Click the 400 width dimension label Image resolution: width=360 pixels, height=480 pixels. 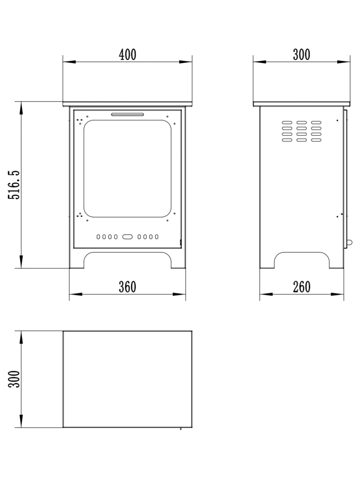coord(127,54)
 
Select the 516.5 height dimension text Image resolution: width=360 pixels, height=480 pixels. coord(14,185)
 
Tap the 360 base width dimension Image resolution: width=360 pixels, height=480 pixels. coord(127,287)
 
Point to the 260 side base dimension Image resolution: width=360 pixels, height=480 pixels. coord(302,287)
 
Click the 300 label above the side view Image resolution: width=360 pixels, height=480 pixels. coord(302,54)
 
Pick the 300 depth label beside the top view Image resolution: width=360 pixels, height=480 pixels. coord(14,379)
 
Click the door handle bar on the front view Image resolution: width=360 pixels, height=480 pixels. coord(127,114)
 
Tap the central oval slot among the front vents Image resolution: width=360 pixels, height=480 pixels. coord(127,237)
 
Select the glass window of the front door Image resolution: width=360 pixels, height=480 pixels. coord(127,168)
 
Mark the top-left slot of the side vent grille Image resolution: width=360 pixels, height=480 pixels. coord(287,123)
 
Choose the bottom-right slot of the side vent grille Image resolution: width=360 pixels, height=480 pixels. coord(316,140)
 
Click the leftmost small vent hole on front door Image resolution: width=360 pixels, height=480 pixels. coord(98,237)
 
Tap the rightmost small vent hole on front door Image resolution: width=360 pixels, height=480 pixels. coord(157,237)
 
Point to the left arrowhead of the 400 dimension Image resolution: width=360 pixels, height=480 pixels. coord(69,62)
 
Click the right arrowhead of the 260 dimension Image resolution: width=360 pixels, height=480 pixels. coord(337,294)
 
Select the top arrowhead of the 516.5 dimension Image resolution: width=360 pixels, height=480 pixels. coord(21,108)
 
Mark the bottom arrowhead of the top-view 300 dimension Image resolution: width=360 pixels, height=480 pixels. coord(21,421)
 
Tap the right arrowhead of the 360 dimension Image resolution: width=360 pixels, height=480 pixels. coord(179,294)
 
